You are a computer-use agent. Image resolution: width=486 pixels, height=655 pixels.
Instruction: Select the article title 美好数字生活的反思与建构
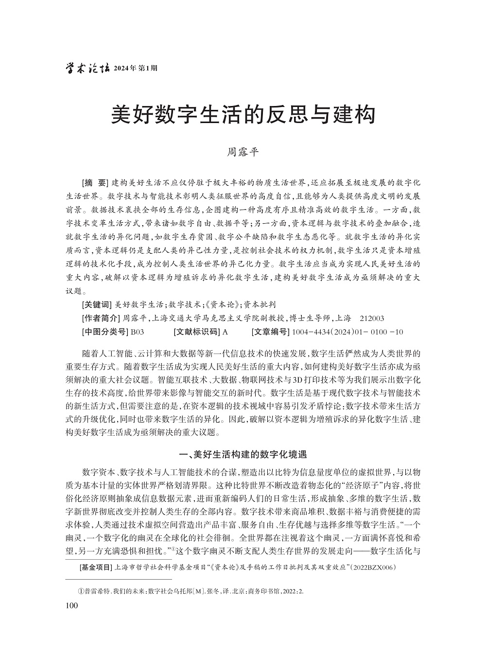click(x=243, y=116)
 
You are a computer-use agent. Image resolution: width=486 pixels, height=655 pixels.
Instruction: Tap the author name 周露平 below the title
click(x=243, y=152)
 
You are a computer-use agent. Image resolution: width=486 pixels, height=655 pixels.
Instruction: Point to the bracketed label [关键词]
click(x=96, y=305)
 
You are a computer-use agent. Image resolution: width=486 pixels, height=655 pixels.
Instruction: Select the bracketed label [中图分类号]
click(x=104, y=332)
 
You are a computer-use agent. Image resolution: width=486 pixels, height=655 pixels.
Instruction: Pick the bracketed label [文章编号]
click(x=270, y=332)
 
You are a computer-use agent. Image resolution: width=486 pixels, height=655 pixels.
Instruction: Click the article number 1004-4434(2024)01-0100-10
click(x=347, y=332)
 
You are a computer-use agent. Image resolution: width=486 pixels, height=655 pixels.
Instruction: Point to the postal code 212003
click(x=372, y=319)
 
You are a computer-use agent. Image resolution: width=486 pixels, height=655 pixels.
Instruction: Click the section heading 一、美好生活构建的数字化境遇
click(x=243, y=455)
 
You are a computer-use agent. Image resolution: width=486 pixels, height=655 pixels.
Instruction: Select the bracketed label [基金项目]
click(x=95, y=567)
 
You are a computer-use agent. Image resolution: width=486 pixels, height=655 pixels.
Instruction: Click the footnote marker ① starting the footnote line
click(x=81, y=591)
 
